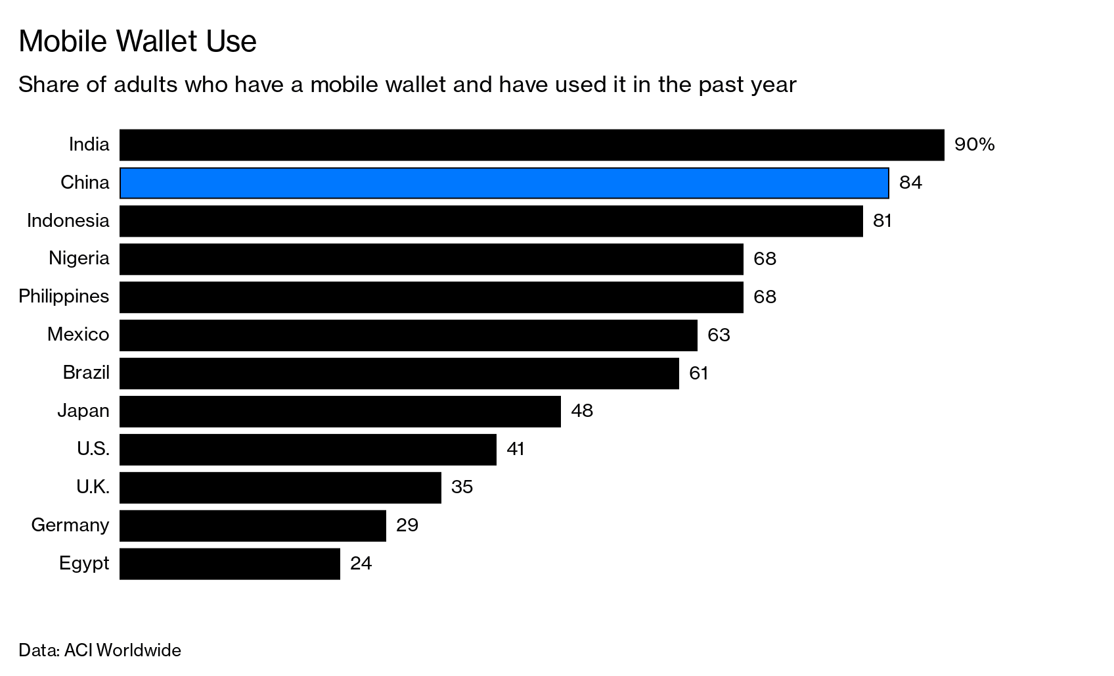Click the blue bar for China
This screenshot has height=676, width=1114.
504,183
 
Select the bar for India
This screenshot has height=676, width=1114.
531,145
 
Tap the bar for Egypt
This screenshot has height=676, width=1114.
230,564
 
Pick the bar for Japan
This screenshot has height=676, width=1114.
340,412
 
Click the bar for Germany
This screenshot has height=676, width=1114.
252,525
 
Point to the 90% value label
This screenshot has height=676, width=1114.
974,145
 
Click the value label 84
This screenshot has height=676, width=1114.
910,183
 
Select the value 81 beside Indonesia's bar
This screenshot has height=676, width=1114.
882,221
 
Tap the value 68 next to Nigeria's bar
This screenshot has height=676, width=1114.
765,259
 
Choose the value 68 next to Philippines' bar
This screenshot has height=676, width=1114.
765,297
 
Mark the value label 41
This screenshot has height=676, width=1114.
516,449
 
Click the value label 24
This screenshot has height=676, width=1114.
361,564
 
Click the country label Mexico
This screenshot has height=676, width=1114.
78,335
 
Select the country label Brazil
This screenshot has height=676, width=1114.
86,373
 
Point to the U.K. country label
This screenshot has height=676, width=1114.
93,487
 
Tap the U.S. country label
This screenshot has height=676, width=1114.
93,449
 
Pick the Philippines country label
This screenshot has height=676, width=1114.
64,297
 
